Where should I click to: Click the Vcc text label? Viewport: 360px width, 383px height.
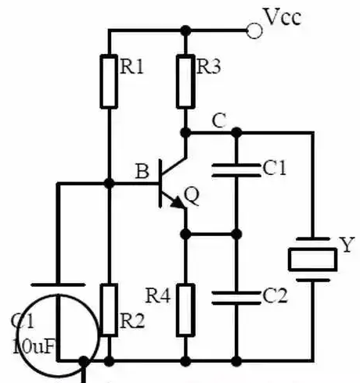pos(283,17)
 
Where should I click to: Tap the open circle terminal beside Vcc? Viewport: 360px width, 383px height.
pos(254,30)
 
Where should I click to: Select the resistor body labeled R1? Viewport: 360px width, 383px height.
pos(109,81)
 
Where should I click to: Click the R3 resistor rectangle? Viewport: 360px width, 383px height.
pos(185,81)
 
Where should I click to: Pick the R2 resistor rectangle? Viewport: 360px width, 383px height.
pos(109,310)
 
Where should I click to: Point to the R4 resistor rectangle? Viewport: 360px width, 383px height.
pos(185,310)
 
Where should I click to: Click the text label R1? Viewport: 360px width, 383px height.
pos(131,67)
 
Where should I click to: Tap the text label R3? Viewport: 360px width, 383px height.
pos(208,66)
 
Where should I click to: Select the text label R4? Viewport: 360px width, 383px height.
pos(158,295)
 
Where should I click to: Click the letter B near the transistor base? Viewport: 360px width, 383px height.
pos(142,171)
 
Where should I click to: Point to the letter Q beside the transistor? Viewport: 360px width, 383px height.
pos(192,196)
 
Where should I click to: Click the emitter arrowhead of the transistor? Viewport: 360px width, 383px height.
pos(179,202)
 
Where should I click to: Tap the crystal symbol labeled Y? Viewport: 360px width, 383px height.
pos(313,260)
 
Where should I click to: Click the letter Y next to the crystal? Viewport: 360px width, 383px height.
pos(347,244)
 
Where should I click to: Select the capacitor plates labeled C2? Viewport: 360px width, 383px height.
pos(236,298)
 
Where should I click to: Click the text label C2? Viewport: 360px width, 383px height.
pos(275,295)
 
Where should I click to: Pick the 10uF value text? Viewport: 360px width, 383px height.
pos(34,346)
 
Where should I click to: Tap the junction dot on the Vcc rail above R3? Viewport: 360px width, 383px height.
pos(185,30)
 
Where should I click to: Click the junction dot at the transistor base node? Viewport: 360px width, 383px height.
pos(109,184)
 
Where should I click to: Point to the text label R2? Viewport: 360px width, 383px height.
pos(132,321)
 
